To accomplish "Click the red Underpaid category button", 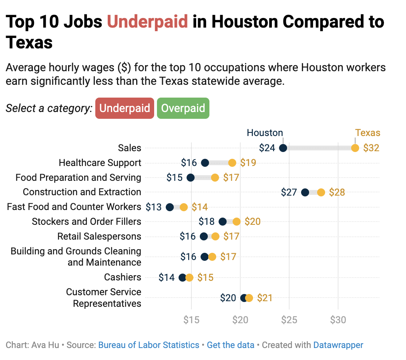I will [x=125, y=108].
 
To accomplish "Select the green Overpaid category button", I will [x=183, y=108].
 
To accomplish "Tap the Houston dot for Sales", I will [x=283, y=148].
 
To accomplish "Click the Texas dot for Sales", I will [x=355, y=148].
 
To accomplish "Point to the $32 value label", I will [x=371, y=148].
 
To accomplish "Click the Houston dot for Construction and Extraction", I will [x=305, y=192].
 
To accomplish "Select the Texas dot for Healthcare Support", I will [x=232, y=163].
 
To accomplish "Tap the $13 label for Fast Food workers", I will [x=154, y=207].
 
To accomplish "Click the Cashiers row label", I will [x=123, y=277].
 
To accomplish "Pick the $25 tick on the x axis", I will [x=289, y=320].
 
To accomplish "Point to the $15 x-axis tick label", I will [x=191, y=320].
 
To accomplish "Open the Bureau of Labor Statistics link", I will [x=149, y=345].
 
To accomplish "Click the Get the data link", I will [x=230, y=345].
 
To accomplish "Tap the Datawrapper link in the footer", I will [x=338, y=345].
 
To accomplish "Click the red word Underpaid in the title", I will [x=147, y=22].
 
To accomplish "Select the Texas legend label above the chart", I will [x=368, y=133].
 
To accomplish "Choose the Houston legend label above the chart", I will [x=265, y=133].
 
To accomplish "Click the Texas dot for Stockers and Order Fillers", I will [x=237, y=222].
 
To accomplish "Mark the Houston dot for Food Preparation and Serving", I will [x=191, y=178].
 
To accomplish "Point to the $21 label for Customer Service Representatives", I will [x=265, y=298].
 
